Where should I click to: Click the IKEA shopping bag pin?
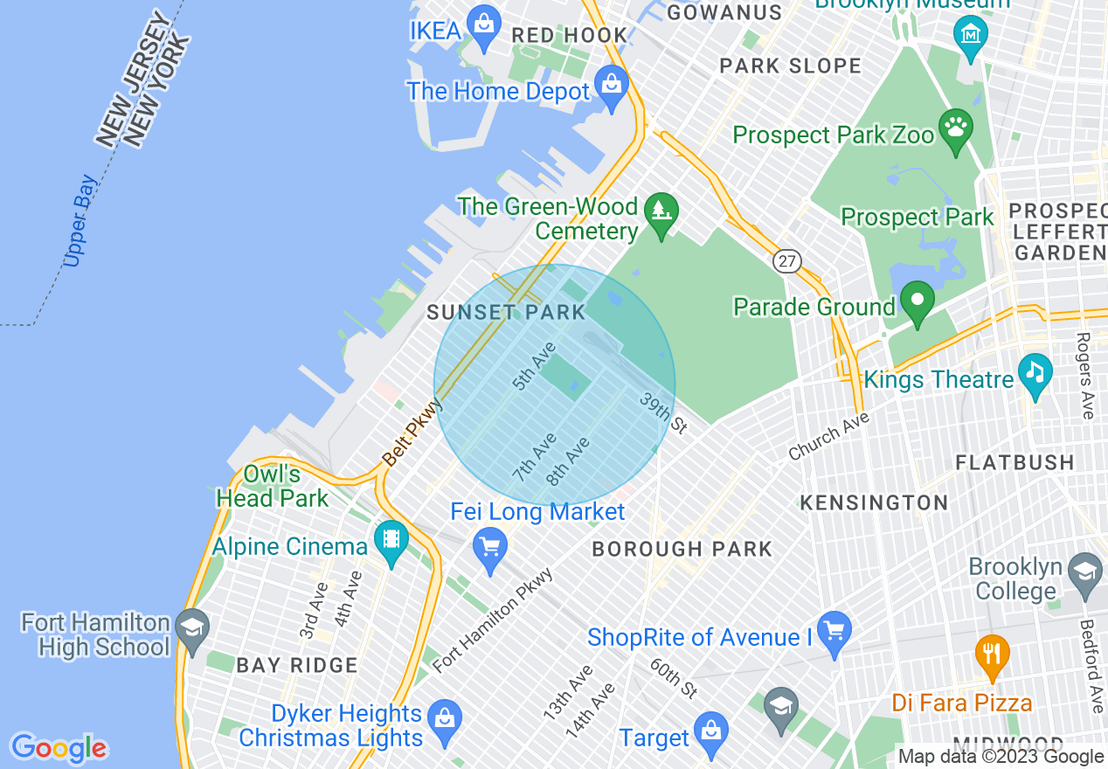[483, 27]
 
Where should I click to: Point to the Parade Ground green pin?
[917, 301]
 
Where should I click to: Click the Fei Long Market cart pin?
[489, 548]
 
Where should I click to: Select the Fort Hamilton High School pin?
[190, 630]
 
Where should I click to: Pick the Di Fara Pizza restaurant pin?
[992, 655]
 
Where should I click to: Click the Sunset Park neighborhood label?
[505, 313]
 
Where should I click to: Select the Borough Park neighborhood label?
[682, 549]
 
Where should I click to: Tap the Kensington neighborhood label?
[874, 502]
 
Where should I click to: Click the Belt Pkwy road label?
[412, 432]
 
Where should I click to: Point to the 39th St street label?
[662, 412]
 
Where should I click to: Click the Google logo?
[59, 748]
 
